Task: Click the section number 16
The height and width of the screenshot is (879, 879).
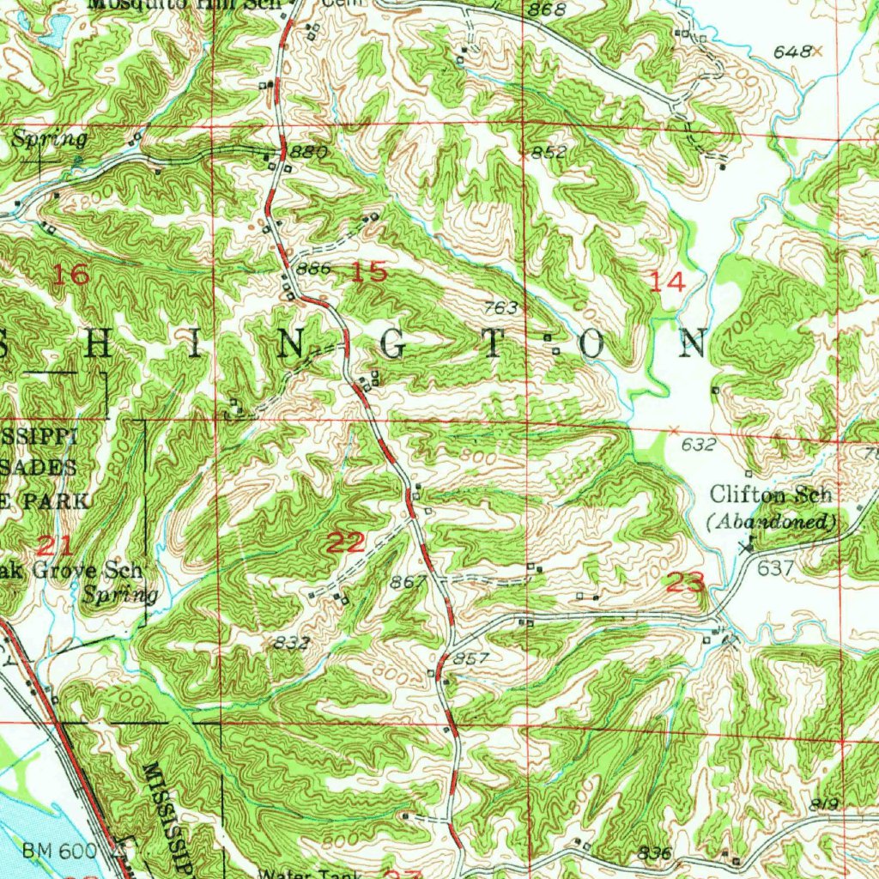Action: pos(71,276)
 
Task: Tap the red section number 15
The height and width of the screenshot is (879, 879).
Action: pos(369,273)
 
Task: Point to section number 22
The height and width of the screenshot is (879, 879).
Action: pos(347,542)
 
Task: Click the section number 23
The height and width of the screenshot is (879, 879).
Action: pos(686,584)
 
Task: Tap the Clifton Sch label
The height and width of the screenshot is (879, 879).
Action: pos(771,494)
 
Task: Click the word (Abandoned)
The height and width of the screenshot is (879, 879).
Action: pos(771,521)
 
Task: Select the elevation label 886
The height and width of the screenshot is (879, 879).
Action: pos(313,269)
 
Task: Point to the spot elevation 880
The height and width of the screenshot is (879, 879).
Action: pos(309,152)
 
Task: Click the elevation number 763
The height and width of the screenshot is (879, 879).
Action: pos(501,307)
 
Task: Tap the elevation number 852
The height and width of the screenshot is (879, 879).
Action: pos(549,153)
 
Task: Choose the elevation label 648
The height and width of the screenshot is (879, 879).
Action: pos(791,52)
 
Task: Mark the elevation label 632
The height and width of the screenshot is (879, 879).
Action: pos(698,445)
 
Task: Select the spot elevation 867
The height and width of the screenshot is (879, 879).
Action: pos(409,582)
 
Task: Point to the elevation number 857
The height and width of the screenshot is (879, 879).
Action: pos(471,658)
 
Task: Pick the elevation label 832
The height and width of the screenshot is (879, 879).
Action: pos(292,643)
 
